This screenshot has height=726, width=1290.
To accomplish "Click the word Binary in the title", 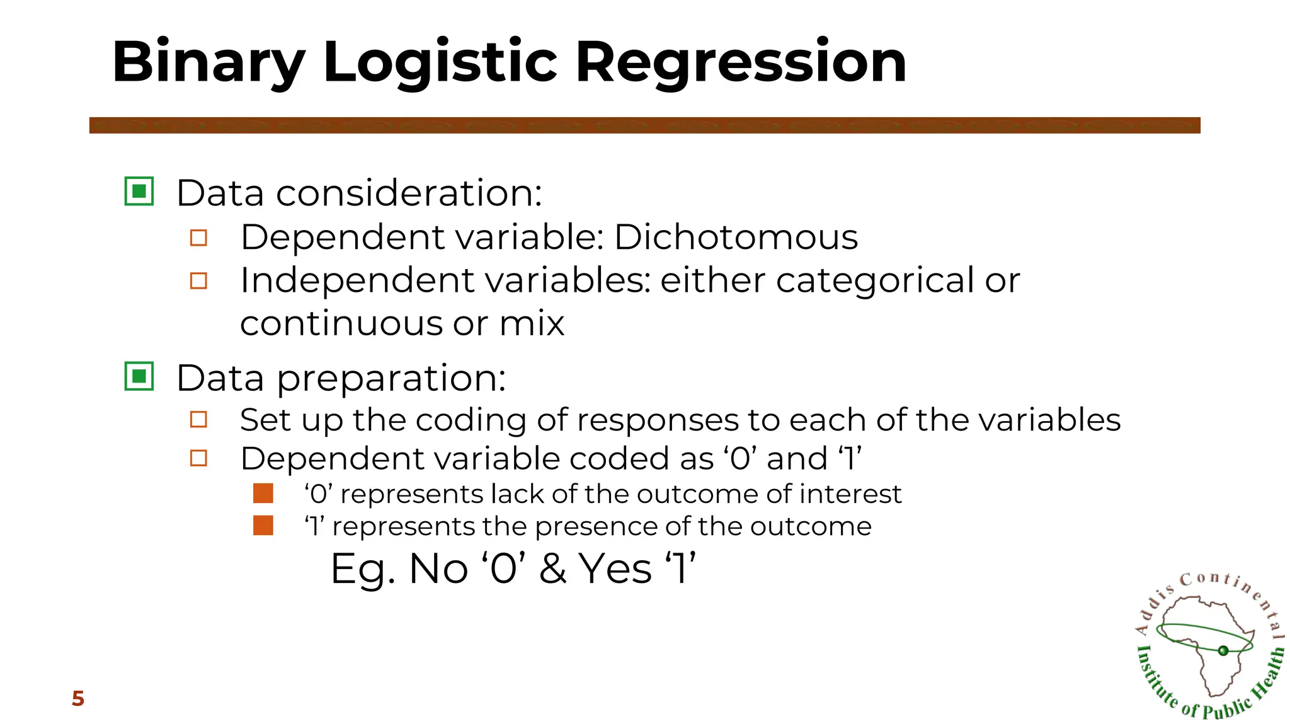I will click(x=208, y=62).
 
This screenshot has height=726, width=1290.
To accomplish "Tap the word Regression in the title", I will click(x=741, y=62).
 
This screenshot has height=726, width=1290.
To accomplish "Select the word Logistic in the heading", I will click(x=440, y=62).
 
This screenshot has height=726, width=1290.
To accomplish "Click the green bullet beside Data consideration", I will click(x=139, y=191).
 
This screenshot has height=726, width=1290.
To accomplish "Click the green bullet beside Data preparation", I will click(x=139, y=376).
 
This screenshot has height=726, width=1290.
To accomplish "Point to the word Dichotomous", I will click(x=735, y=238).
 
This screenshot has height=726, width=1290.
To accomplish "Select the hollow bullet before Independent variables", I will click(x=198, y=280).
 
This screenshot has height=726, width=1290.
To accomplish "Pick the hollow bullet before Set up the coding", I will click(x=198, y=420).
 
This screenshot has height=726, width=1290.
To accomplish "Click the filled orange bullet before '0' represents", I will click(x=263, y=493).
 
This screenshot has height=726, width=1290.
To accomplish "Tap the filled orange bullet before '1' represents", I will click(x=263, y=526).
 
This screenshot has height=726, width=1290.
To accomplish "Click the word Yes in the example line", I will click(x=615, y=568).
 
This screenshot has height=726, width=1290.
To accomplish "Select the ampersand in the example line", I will click(x=552, y=568).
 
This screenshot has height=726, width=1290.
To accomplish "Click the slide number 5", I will click(x=78, y=698).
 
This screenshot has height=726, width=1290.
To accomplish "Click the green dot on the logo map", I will click(x=1223, y=650).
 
